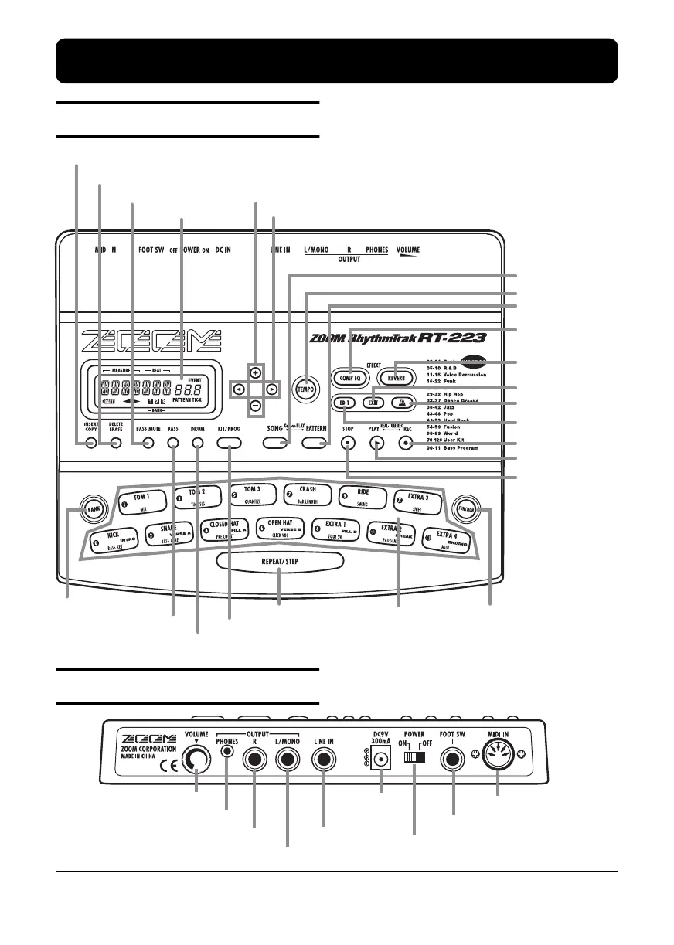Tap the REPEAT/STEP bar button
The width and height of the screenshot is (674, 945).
[278, 561]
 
